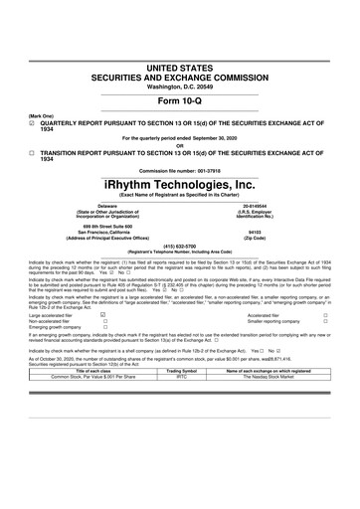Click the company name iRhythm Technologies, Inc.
pyautogui.click(x=179, y=186)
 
